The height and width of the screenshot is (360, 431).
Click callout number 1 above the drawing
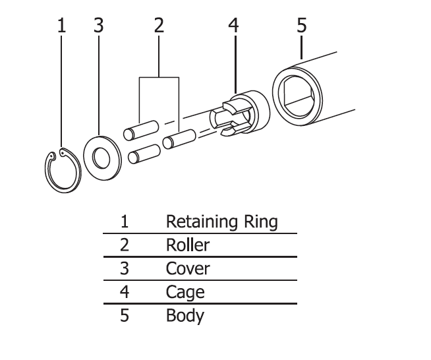pos(62,26)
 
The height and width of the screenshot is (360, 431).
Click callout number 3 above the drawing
pos(99,26)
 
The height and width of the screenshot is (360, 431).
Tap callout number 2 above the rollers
pos(159,26)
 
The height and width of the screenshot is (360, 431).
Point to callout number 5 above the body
pos(301,26)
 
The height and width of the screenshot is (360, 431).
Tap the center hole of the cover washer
pos(101,158)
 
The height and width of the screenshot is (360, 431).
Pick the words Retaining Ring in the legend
pos(221,222)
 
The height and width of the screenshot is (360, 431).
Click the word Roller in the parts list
pos(187,245)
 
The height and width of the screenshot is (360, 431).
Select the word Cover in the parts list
pos(187,269)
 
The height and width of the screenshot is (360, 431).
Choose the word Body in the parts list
pos(185,316)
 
